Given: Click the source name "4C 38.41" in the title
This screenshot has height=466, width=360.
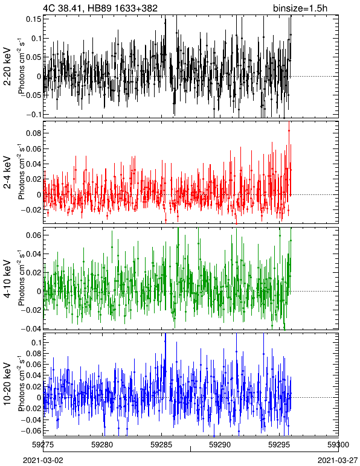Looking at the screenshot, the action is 60,8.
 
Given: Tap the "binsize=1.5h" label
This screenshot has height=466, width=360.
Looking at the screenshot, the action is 300,8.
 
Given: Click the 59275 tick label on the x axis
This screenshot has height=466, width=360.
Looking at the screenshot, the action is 43,445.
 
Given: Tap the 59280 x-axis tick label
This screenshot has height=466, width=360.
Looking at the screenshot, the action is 102,445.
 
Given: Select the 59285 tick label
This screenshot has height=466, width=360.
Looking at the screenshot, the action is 161,445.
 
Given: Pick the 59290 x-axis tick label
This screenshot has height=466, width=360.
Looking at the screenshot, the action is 220,445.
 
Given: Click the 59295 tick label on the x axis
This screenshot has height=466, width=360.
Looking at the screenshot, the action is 279,445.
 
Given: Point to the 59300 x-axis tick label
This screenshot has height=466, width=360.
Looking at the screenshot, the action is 338,445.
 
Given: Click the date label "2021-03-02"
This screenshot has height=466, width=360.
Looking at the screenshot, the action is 43,461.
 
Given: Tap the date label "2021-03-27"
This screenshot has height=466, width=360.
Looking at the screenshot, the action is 338,461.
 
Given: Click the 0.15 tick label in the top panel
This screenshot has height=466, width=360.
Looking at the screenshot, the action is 34,19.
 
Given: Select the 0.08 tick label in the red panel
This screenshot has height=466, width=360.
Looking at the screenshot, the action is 34,133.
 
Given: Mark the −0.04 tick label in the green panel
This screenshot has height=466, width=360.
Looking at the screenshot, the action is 31,329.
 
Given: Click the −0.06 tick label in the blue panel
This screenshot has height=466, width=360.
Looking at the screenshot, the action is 31,430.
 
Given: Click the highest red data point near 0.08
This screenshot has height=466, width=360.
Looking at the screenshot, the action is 289,130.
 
